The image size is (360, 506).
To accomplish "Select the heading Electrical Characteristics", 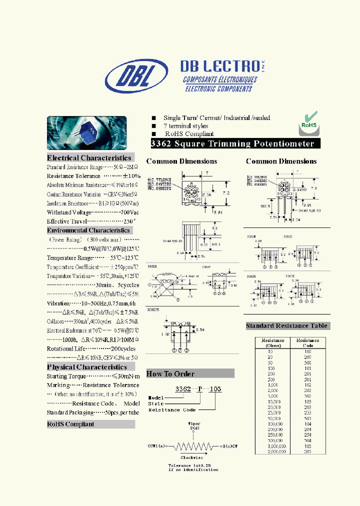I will click(x=89, y=158).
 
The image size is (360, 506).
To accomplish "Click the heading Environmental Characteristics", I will click(x=88, y=230).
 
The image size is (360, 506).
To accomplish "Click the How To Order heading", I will click(x=170, y=374).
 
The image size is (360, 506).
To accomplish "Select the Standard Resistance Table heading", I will click(x=286, y=326).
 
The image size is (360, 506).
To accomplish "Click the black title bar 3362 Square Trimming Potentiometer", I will click(x=233, y=144).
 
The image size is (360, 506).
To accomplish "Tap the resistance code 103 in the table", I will click(x=307, y=401).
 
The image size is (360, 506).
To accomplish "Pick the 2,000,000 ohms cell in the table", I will click(x=276, y=451).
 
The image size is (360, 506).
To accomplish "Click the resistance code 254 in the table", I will click(x=307, y=435).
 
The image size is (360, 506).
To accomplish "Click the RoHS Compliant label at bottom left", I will click(x=70, y=424).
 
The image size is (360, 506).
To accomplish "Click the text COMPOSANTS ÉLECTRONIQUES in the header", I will click(x=220, y=80).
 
